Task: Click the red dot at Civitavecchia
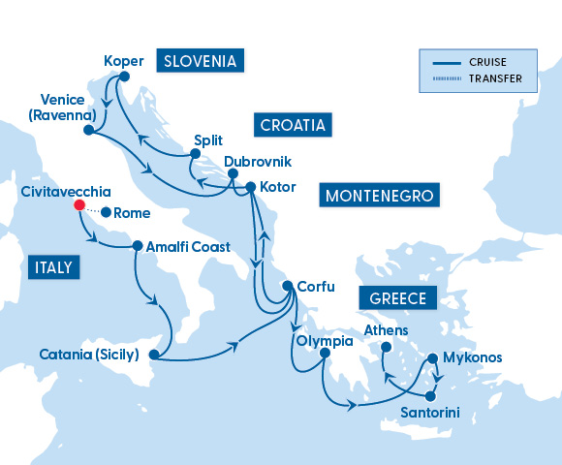78,205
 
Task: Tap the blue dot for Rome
105,213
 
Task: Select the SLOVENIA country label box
200,61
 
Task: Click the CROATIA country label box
293,125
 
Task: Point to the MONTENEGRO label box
379,197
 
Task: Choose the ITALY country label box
53,267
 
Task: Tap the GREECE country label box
398,297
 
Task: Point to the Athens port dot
386,348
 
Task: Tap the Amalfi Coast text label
188,247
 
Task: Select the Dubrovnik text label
257,162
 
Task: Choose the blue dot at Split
195,154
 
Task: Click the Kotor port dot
250,187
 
